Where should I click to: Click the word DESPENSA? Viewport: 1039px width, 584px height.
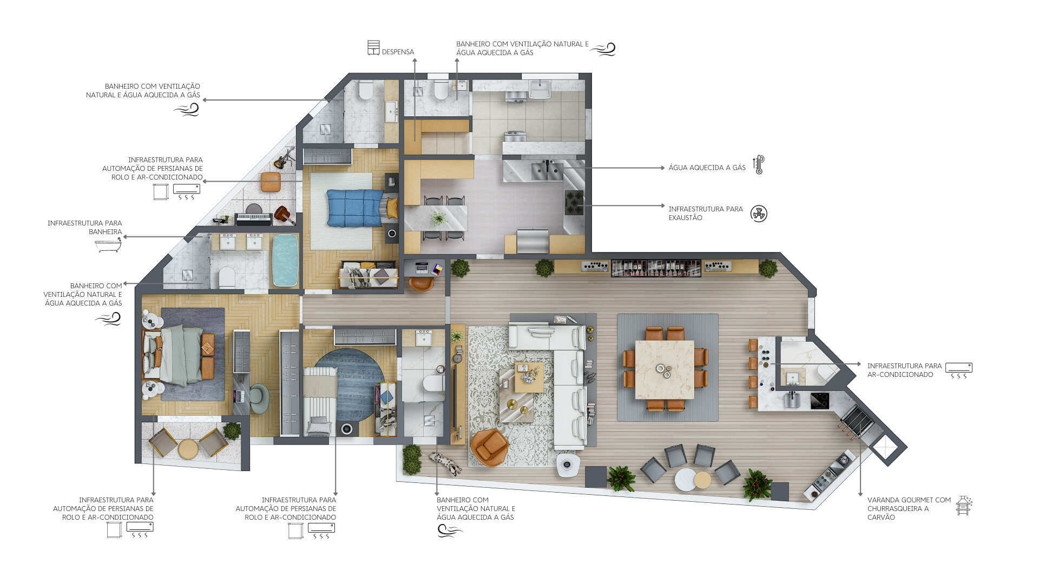coord(398,52)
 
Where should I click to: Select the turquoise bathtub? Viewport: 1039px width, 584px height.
coord(285,260)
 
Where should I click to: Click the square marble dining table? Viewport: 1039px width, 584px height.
coord(665,369)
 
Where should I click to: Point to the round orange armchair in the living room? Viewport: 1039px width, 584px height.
coord(489,447)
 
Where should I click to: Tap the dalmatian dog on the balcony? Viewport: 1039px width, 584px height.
coord(445,463)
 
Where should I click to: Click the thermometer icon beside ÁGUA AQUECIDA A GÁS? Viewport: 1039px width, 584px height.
coord(759,164)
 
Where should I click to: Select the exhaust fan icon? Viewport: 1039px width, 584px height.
coord(759,214)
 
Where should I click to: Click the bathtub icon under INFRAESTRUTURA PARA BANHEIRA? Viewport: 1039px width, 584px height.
coord(108,246)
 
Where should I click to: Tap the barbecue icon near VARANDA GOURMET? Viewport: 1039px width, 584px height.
coord(963,506)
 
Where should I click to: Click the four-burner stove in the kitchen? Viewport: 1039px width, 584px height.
coord(574,203)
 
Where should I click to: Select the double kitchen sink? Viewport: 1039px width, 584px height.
coord(547,170)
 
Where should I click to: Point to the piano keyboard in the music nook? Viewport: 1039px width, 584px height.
coord(253,219)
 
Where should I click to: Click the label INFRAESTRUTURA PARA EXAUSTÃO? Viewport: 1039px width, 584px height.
coord(706,214)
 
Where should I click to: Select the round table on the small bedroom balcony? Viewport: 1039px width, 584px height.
coord(188,449)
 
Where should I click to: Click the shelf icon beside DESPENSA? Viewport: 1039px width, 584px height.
coord(373,48)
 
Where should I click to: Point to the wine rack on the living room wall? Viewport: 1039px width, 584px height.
coord(656,268)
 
